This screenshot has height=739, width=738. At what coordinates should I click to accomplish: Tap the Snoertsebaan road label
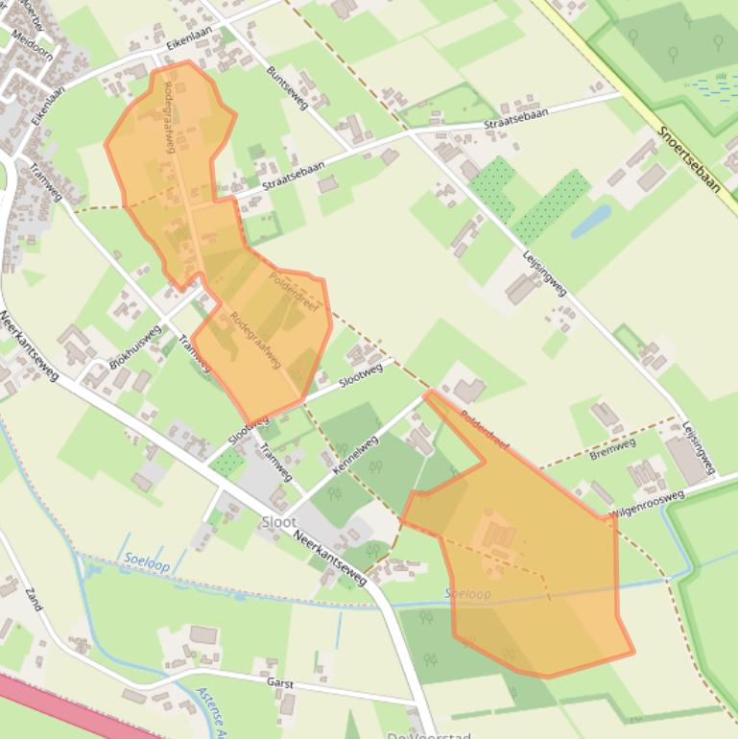690,158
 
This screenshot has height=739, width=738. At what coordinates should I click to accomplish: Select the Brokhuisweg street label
135,346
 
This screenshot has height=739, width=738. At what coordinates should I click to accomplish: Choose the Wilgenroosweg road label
646,504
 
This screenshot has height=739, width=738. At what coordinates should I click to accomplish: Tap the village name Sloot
278,522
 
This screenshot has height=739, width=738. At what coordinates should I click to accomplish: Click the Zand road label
34,599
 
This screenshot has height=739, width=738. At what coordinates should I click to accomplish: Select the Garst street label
280,683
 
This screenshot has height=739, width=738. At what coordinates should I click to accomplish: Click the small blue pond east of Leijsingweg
590,221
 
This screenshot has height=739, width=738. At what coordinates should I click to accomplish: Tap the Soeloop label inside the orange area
468,594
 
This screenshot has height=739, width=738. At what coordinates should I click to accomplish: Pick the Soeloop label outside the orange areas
146,562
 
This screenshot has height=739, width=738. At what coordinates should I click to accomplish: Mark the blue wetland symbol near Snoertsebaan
711,87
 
